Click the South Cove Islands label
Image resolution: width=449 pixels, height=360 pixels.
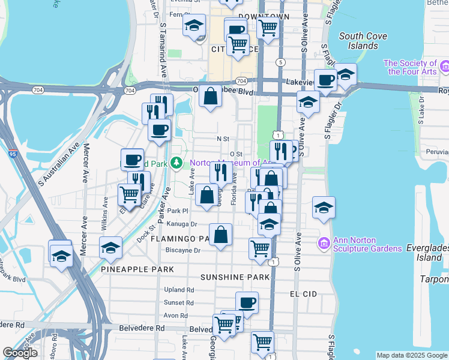(x=359, y=41)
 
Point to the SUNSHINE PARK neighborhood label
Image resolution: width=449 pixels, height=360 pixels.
(x=235, y=277)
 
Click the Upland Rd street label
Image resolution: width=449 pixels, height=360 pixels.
(x=179, y=290)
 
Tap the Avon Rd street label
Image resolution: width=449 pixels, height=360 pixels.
(x=176, y=315)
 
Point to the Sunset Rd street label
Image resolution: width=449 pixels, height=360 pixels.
(x=179, y=302)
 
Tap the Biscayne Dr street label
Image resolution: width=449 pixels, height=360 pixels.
(x=184, y=250)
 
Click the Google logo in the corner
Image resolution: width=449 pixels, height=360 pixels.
(x=20, y=353)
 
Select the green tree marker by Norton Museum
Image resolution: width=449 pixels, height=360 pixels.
(x=176, y=163)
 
